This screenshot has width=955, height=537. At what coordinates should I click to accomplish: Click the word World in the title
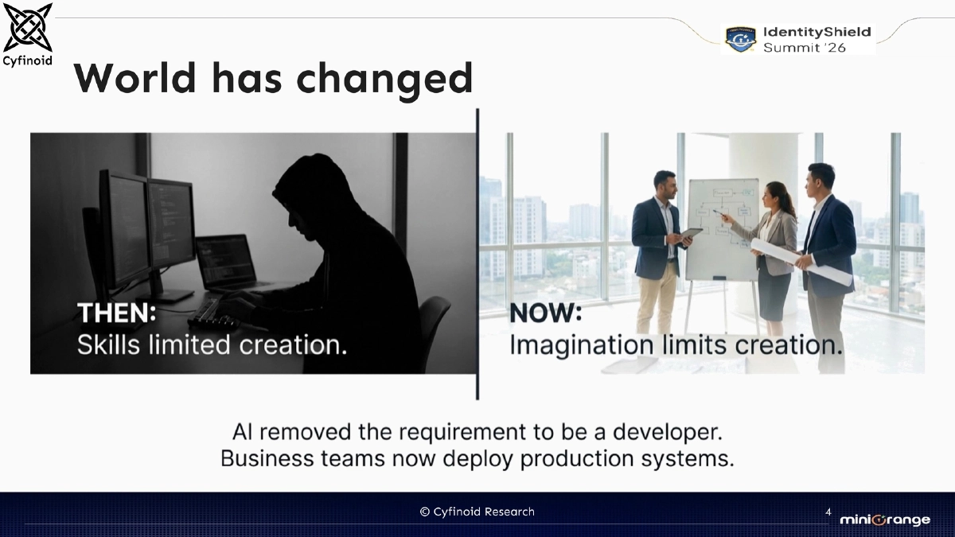click(134, 78)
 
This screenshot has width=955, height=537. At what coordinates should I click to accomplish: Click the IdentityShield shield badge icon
click(740, 38)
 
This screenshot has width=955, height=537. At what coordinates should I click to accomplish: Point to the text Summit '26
click(805, 48)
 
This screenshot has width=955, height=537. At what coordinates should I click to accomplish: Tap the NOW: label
click(546, 313)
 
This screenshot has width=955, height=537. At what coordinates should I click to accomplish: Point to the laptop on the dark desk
click(226, 263)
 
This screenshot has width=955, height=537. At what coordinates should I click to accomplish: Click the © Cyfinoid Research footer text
click(477, 512)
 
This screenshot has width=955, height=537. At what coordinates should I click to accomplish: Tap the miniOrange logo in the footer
click(884, 519)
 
